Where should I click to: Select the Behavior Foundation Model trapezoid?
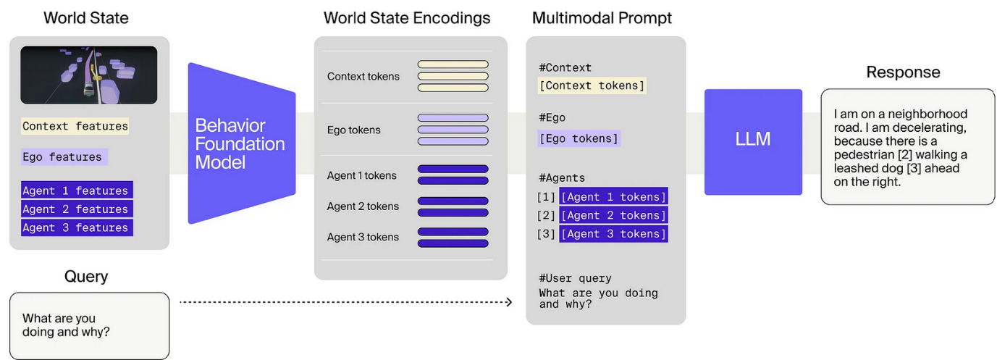pyautogui.click(x=240, y=143)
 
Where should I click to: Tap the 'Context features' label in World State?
pyautogui.click(x=75, y=126)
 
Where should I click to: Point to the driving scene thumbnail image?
pyautogui.click(x=88, y=75)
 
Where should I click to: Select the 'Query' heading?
pyautogui.click(x=86, y=276)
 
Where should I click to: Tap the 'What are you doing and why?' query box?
pyautogui.click(x=89, y=325)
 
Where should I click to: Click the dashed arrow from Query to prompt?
pyautogui.click(x=345, y=302)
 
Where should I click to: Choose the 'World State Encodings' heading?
pyautogui.click(x=407, y=18)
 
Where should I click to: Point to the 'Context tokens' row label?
pyautogui.click(x=363, y=76)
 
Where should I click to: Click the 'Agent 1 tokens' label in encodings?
pyautogui.click(x=361, y=175)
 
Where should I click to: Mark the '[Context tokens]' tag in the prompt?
pyautogui.click(x=592, y=85)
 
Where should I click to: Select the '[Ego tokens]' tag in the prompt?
pyautogui.click(x=579, y=138)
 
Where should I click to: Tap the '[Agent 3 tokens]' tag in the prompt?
pyautogui.click(x=613, y=234)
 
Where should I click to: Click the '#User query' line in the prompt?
pyautogui.click(x=575, y=278)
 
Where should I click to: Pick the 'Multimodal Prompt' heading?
pyautogui.click(x=602, y=18)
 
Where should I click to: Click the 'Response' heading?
pyautogui.click(x=903, y=72)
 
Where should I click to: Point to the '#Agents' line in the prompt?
pyautogui.click(x=562, y=177)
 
